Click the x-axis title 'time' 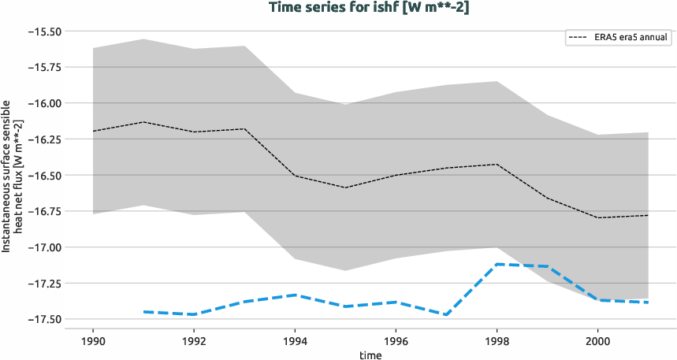[370, 355]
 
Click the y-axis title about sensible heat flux [12, 175]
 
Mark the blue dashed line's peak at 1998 [497, 264]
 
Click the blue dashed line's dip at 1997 [446, 315]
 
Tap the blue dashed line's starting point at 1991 [143, 312]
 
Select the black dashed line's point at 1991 [143, 122]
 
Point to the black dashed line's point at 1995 [345, 187]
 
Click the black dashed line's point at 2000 [597, 217]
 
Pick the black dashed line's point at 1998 [497, 164]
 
